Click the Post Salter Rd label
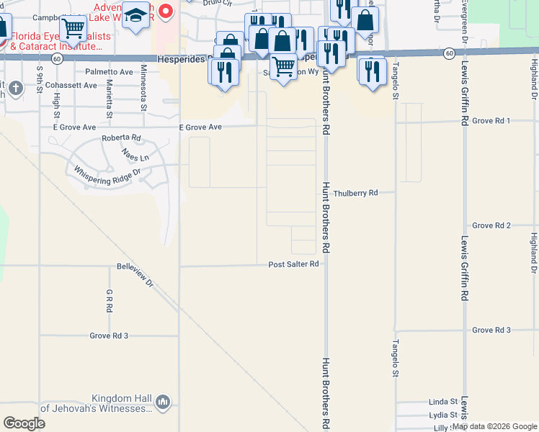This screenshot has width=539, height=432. pos(293,264)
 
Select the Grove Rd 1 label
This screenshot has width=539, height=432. pos(491,120)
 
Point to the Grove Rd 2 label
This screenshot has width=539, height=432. pos(491,225)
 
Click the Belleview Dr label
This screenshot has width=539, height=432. pos(135,275)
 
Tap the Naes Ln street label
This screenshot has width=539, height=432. pos(135,155)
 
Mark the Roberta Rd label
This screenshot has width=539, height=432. pos(121,138)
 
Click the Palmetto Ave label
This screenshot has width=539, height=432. pos(109,72)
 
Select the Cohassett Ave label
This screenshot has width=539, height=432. pos(70,85)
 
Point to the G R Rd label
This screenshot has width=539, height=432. pos(110,300)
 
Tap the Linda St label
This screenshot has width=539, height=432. pos(443,401)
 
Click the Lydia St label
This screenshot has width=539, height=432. pos(443,415)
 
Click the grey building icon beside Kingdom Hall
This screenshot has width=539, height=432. pos(162,401)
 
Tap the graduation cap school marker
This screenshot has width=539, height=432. pos(135,14)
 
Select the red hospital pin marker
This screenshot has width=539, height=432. pos(166,12)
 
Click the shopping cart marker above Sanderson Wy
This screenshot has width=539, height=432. pos(284,66)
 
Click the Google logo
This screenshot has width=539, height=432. pos(24,423)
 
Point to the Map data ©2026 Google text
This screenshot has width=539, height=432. pos(494,426)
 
